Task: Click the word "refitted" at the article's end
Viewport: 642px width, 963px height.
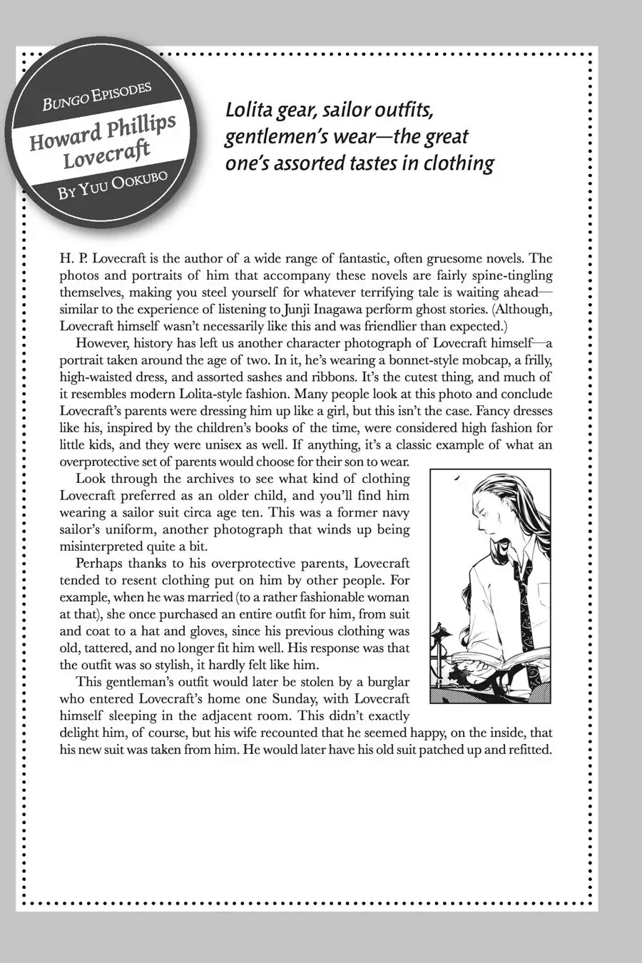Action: tap(527, 750)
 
